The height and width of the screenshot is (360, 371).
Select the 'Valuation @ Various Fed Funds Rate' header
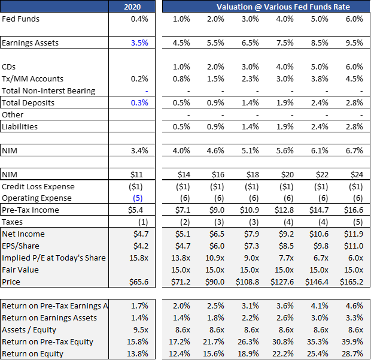click(x=282, y=7)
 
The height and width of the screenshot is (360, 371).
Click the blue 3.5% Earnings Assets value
click(x=139, y=43)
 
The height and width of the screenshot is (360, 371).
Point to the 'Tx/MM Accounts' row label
click(x=32, y=78)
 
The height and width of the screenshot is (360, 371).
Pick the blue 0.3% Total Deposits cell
click(x=139, y=102)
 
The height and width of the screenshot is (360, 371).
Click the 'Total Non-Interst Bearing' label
click(x=48, y=90)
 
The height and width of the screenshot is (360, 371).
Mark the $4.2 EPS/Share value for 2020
click(x=140, y=246)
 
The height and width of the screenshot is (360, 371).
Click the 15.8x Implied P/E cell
click(x=138, y=258)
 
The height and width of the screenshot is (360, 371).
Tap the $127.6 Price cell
click(x=282, y=282)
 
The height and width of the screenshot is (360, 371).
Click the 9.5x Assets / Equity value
click(x=139, y=329)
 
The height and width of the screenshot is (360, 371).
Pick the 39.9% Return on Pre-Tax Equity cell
click(x=352, y=341)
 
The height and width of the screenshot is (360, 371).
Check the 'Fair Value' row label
click(x=20, y=270)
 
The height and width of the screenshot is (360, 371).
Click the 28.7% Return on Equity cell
click(x=352, y=353)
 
